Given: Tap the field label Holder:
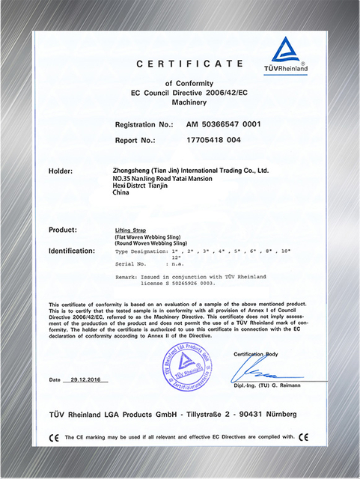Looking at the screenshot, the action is pos(62,171).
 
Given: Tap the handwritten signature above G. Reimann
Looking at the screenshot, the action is pos(266,371).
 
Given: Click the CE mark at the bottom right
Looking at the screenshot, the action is pos(302,437).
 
